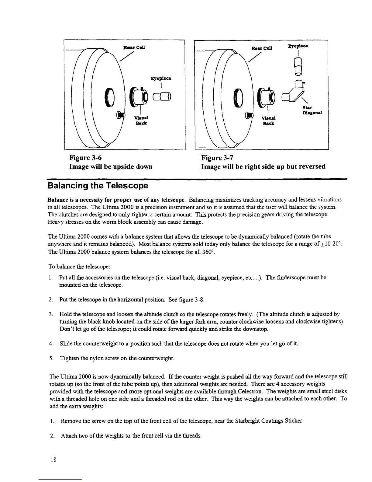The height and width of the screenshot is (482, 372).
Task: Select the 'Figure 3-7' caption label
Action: (x=217, y=158)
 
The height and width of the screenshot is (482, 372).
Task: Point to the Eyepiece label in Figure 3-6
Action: (x=161, y=78)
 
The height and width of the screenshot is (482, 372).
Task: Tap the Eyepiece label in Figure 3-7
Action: (x=298, y=46)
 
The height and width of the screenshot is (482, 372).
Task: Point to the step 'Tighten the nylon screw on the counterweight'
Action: (x=117, y=358)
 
